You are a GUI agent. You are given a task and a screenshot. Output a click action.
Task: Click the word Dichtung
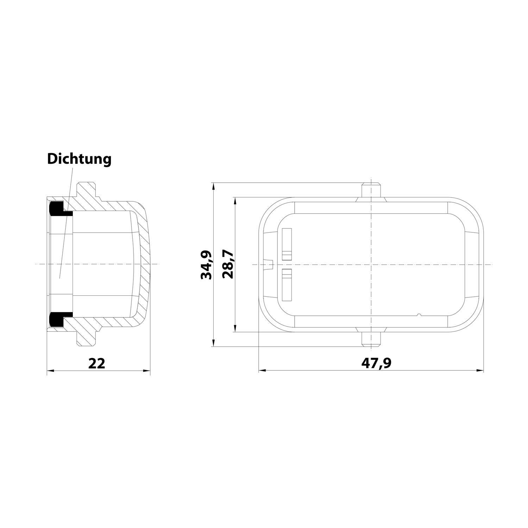click(79, 159)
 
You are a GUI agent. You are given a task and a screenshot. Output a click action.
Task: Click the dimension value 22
click(96, 363)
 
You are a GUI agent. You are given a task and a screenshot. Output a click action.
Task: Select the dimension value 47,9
click(376, 363)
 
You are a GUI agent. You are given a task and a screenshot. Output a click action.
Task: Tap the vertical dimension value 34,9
click(206, 265)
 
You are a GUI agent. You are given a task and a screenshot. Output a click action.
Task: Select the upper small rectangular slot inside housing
click(287, 244)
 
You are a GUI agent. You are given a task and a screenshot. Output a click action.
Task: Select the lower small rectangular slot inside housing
click(287, 284)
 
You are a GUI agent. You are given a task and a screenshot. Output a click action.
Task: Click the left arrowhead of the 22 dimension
click(50, 370)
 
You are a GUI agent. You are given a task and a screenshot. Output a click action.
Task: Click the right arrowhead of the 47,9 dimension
click(481, 370)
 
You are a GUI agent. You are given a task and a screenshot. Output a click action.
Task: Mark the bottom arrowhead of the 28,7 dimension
click(235, 329)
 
